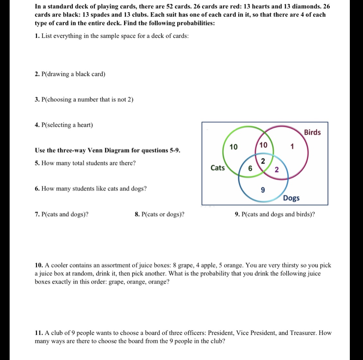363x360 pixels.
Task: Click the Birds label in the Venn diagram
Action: [312, 132]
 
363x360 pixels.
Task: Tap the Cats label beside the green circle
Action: [217, 168]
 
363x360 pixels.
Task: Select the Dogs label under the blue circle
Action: [291, 198]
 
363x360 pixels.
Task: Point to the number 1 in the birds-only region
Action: [292, 147]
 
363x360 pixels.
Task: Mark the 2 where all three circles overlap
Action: [263, 161]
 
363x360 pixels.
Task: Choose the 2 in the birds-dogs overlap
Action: [277, 169]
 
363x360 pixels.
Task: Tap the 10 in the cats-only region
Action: [234, 147]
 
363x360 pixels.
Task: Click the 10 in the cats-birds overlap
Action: [263, 145]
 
